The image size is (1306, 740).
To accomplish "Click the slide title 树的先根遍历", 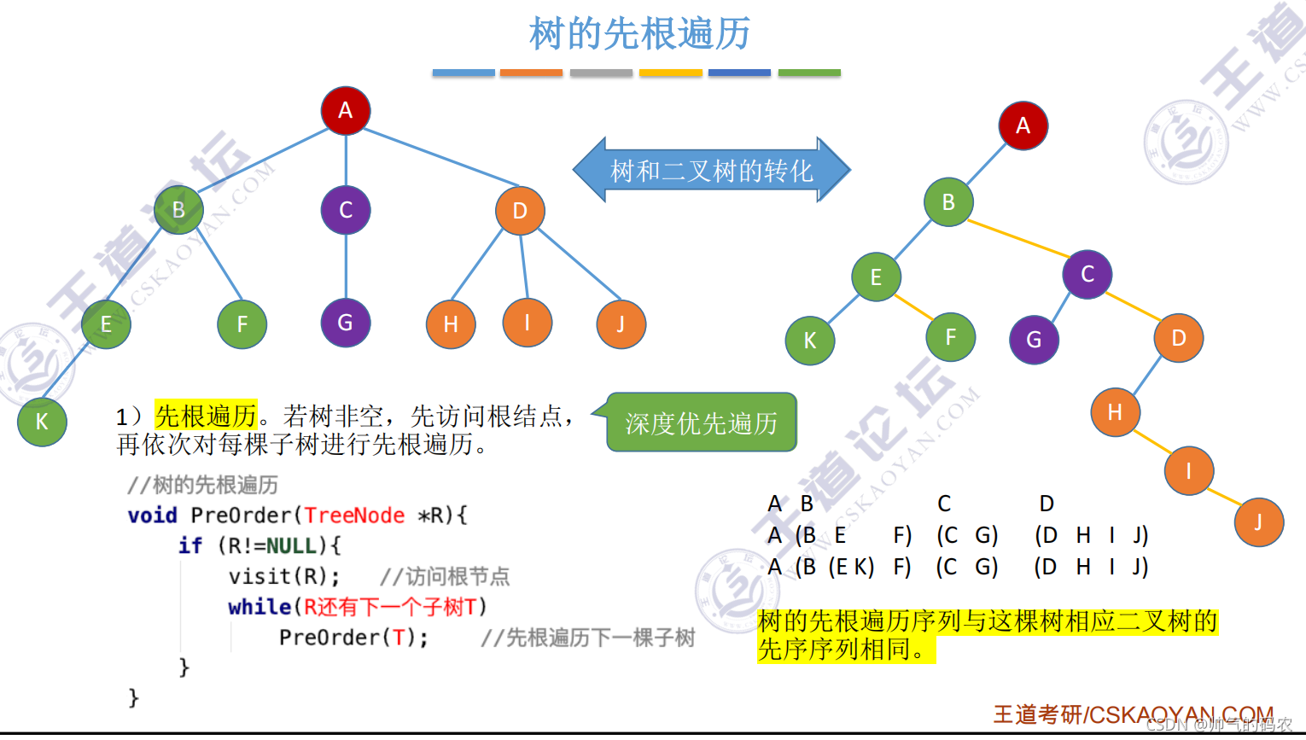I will click(x=639, y=34).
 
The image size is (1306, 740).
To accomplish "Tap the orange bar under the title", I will click(x=531, y=73).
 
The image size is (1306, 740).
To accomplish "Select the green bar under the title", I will click(x=809, y=73).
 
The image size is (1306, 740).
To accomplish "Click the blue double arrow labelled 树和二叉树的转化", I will click(x=711, y=171).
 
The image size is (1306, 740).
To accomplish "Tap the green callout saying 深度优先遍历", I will click(x=701, y=422).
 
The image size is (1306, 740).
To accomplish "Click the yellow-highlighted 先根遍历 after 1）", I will click(x=206, y=416).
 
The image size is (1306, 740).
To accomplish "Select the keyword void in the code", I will click(x=152, y=516).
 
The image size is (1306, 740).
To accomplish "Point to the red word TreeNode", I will click(x=354, y=516).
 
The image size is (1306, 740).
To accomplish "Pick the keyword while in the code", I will click(x=259, y=607).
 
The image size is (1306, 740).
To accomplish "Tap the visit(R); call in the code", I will click(x=283, y=576).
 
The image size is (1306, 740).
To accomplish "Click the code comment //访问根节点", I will click(x=445, y=576).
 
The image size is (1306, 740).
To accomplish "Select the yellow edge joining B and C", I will click(x=1017, y=238).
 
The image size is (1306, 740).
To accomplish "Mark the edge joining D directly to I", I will click(x=524, y=266).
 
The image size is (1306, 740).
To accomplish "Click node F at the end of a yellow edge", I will click(x=950, y=337).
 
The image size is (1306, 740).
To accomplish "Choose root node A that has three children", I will click(x=345, y=110).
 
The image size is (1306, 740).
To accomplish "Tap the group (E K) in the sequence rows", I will click(x=851, y=567).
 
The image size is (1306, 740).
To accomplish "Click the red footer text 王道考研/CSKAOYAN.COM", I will click(x=1133, y=714).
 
